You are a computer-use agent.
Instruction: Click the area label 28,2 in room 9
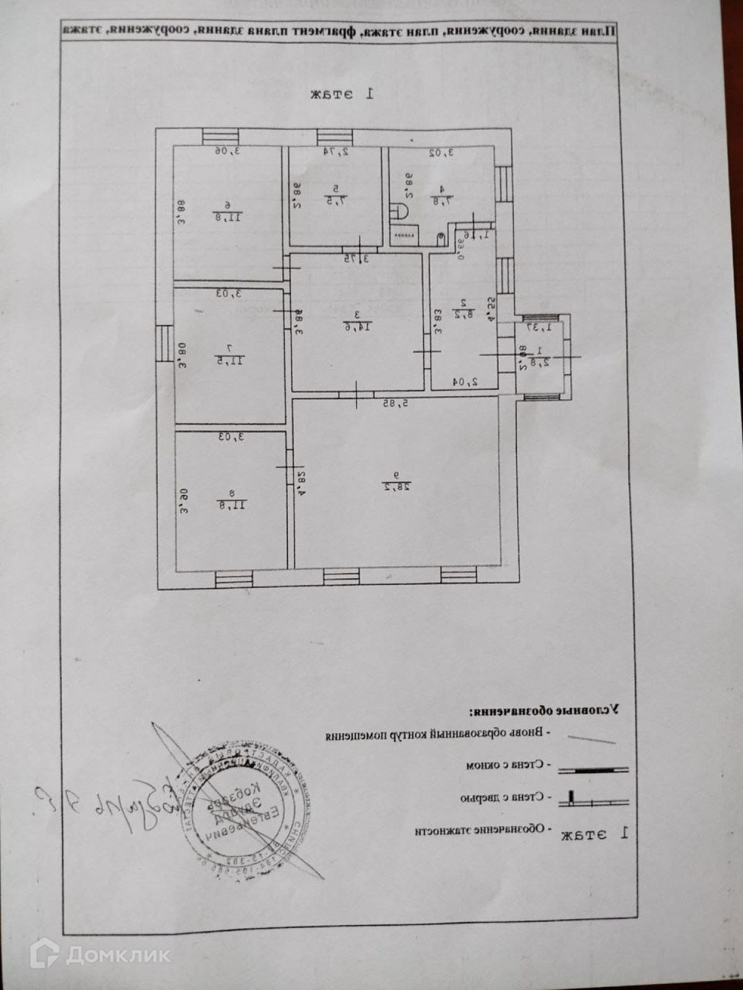pos(398,488)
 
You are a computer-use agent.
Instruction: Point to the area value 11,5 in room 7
pos(227,359)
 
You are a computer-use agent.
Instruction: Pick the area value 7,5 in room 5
pos(335,200)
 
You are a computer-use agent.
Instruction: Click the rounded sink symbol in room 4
pos(400,211)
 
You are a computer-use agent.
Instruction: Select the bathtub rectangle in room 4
pos(406,235)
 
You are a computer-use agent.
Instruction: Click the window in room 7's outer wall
pos(164,343)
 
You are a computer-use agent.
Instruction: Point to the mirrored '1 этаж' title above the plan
pos(342,94)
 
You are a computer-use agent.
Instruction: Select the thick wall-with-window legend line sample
pos(593,770)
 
